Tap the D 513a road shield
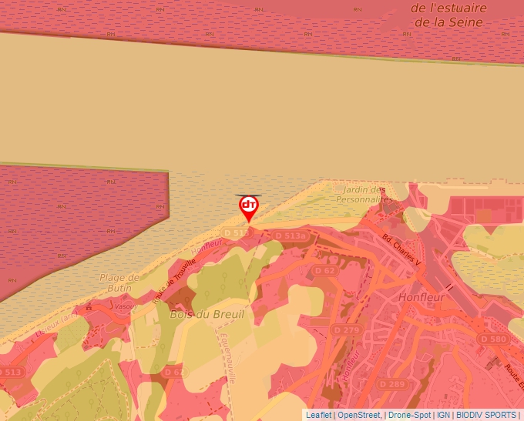point(290,236)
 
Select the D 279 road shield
point(346,329)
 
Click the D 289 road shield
point(391,384)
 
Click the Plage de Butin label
point(119,282)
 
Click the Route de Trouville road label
point(175,280)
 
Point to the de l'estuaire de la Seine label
point(448,15)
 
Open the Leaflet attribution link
point(319,415)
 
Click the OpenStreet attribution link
point(359,415)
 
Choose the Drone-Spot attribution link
point(408,415)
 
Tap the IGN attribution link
point(443,415)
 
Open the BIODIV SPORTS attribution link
point(486,415)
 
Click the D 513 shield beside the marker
point(237,232)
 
